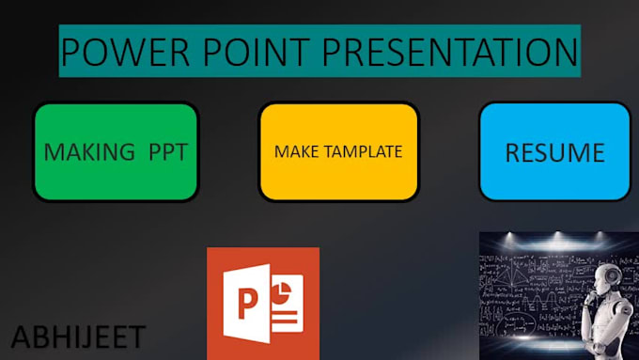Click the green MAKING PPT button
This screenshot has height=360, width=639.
coord(116,151)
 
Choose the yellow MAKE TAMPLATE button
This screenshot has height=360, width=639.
coord(338,151)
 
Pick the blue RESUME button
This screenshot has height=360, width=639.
coord(554,151)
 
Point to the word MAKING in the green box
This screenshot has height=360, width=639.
coord(89,152)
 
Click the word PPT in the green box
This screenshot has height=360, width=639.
coord(169,152)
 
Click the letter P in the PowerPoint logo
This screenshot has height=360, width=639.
coord(248,305)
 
